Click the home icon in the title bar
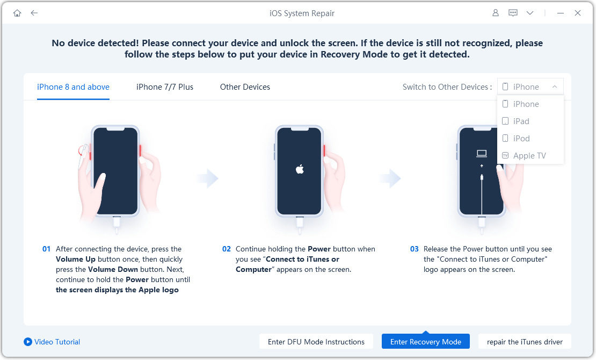(17, 13)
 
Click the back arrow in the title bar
(34, 13)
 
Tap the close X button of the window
(578, 13)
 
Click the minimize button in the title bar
(561, 13)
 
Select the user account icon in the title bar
(496, 13)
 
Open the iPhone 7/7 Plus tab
(165, 87)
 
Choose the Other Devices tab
(245, 87)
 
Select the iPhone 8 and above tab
(73, 87)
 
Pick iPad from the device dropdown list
(521, 121)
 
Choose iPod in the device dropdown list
(521, 139)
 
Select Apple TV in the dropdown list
(529, 156)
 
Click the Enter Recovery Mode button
(426, 342)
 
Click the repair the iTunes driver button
(525, 342)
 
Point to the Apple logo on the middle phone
(300, 170)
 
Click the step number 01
(47, 249)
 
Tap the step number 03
(414, 249)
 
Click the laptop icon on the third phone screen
(482, 154)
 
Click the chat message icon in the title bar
(513, 13)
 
